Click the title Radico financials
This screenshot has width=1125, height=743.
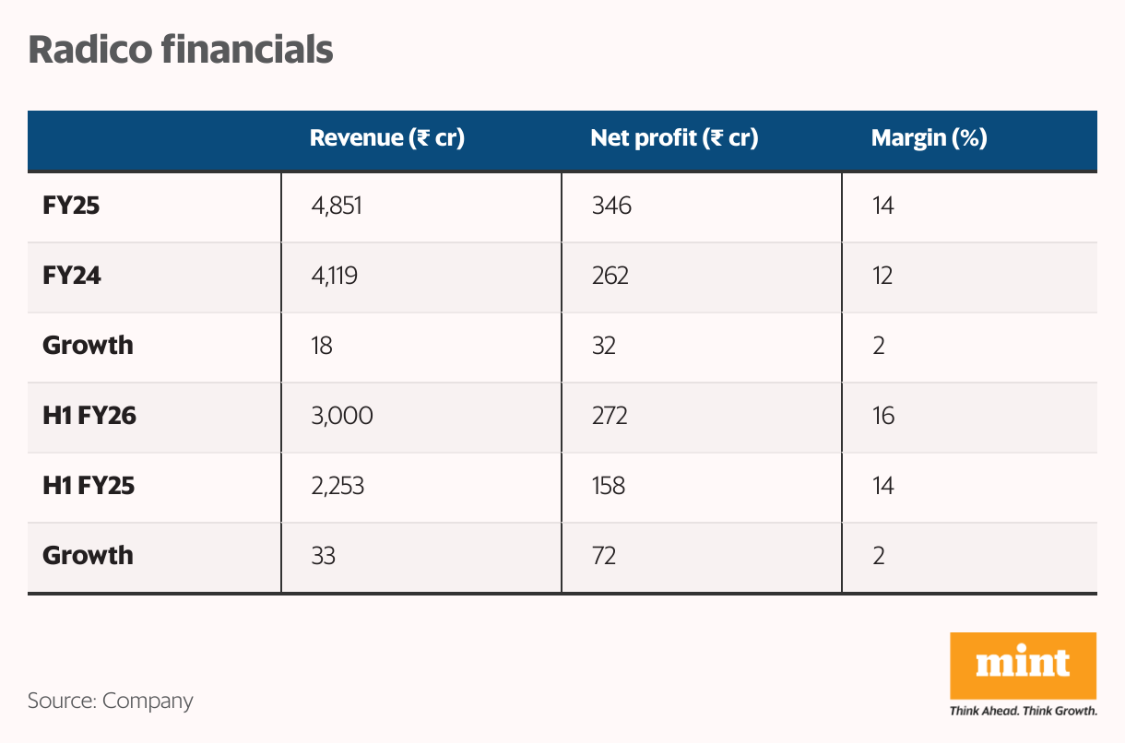tap(180, 50)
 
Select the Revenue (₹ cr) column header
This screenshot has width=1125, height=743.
tap(386, 139)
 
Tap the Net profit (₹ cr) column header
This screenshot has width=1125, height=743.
tap(674, 139)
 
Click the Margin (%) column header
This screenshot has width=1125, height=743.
tap(929, 139)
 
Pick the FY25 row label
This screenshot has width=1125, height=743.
tap(71, 206)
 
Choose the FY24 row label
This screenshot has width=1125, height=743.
tap(71, 276)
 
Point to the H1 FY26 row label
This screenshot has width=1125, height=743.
tap(89, 416)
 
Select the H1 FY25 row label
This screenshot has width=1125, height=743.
tap(89, 486)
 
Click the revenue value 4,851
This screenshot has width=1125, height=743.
tap(337, 206)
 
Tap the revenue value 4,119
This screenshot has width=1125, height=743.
tap(335, 276)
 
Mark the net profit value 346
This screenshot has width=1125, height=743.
tap(611, 206)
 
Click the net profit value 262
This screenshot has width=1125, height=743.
tap(610, 276)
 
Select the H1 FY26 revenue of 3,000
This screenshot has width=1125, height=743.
tap(342, 416)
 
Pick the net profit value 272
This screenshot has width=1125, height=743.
tap(610, 416)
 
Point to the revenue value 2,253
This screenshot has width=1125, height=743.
tap(337, 486)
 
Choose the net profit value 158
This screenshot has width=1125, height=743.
tap(608, 486)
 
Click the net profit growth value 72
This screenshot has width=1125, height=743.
tap(603, 556)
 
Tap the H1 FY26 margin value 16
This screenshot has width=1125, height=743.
tap(882, 416)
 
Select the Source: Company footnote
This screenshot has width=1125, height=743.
tap(111, 701)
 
